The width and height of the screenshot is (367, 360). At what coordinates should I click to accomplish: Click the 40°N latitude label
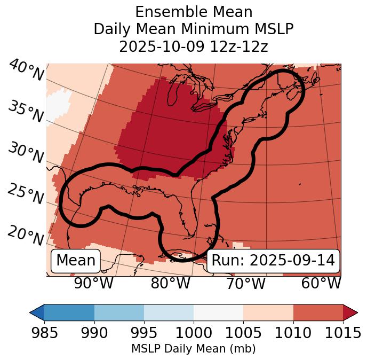coord(26,71)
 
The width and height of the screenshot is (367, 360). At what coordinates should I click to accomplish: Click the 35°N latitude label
coord(26,111)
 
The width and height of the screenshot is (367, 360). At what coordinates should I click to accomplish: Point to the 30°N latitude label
coord(26,153)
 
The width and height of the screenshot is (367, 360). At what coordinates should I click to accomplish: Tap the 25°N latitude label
coord(26,194)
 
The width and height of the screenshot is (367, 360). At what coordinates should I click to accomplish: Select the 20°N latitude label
coord(26,234)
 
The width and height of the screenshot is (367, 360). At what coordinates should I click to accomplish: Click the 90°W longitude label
coord(94,283)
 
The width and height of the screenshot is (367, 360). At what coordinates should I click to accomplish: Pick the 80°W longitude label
coord(170,283)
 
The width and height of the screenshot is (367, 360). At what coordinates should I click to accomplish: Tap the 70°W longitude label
coord(246,283)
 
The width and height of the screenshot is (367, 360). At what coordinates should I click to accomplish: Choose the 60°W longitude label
coord(321,283)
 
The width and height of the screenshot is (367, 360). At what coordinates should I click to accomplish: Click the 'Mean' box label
coord(76,261)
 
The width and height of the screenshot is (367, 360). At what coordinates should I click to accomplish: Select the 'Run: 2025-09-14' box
coord(273,261)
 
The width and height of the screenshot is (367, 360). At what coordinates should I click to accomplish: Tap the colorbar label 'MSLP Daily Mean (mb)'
coord(194,349)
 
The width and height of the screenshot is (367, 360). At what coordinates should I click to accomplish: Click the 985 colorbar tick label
coord(44,333)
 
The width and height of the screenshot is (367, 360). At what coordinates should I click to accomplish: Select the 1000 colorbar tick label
coord(194,333)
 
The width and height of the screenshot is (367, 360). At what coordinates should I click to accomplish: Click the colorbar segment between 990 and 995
coord(119,312)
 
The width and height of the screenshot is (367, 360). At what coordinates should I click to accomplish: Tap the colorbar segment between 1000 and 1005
coord(218,312)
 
